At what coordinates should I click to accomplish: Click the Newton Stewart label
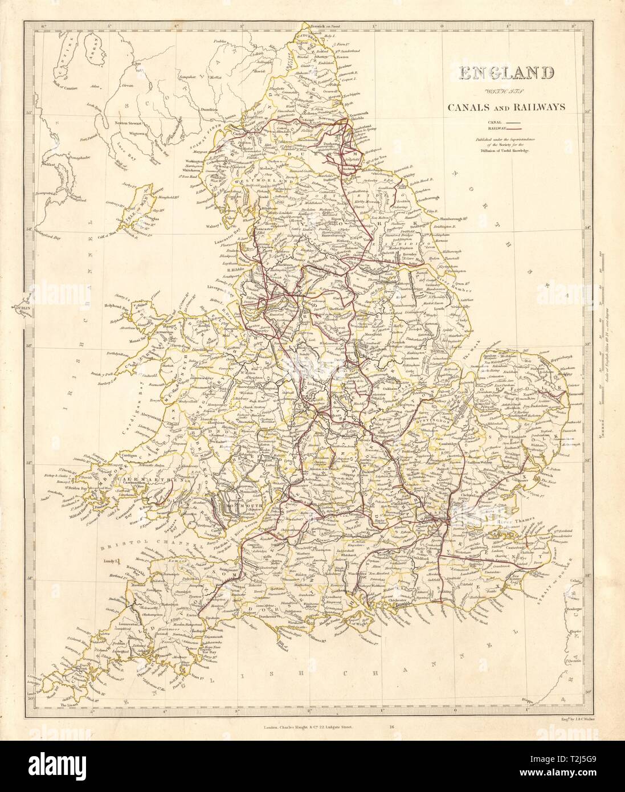pos(130,124)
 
